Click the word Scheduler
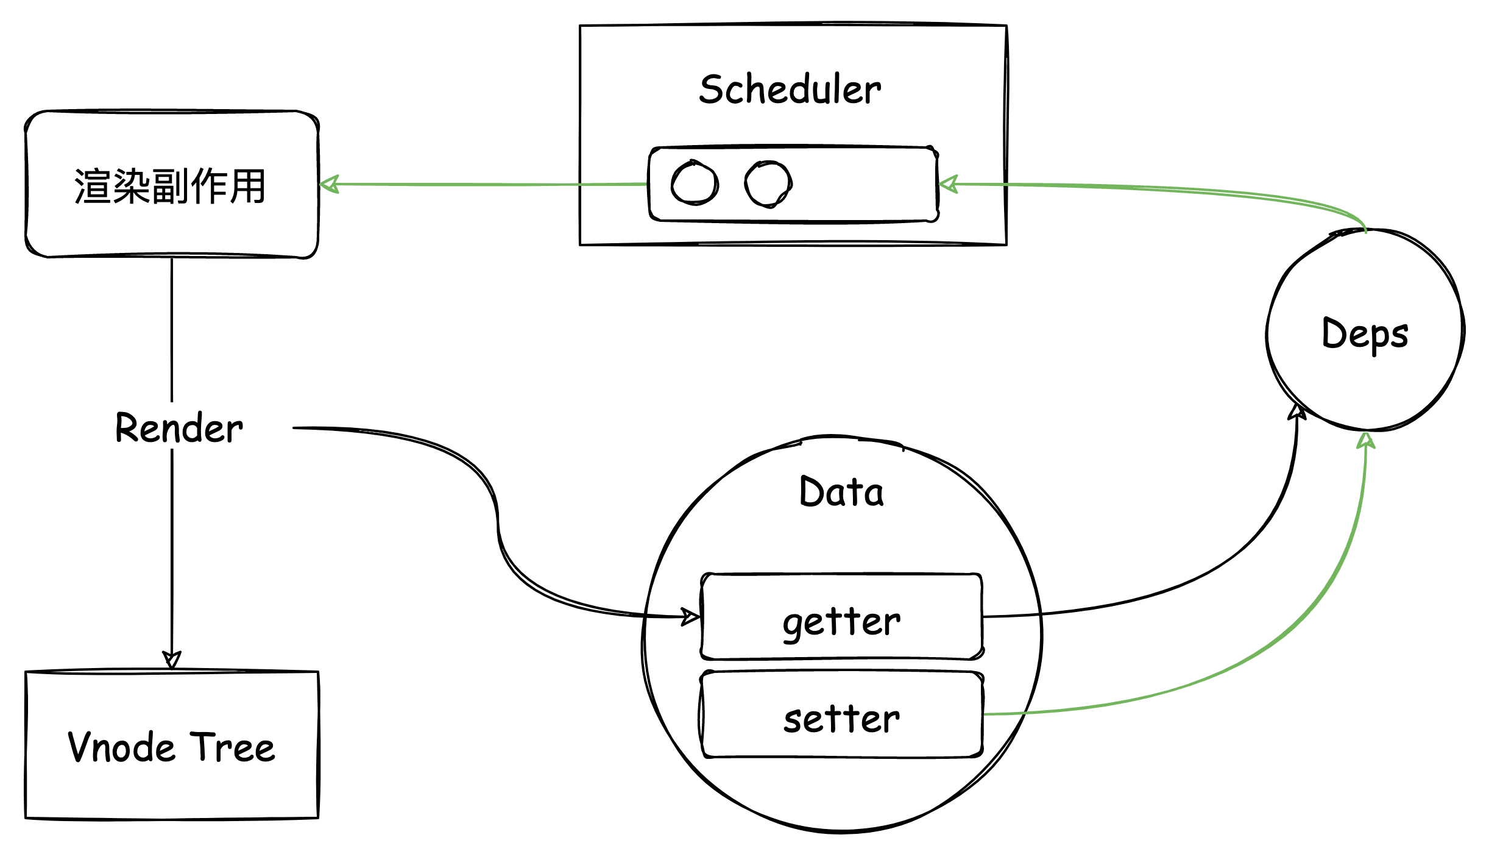click(790, 90)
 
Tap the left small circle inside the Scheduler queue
click(694, 182)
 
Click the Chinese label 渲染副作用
click(170, 186)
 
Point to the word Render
click(179, 428)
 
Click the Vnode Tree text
click(171, 747)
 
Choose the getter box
click(841, 617)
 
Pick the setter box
click(841, 714)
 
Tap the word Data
click(841, 492)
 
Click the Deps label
click(1365, 333)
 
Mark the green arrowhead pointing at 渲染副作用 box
click(329, 184)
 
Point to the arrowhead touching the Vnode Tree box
click(172, 660)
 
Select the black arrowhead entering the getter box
click(691, 617)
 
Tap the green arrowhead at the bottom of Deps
click(1366, 440)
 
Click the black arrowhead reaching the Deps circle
click(1297, 411)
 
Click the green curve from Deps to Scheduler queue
click(1188, 191)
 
